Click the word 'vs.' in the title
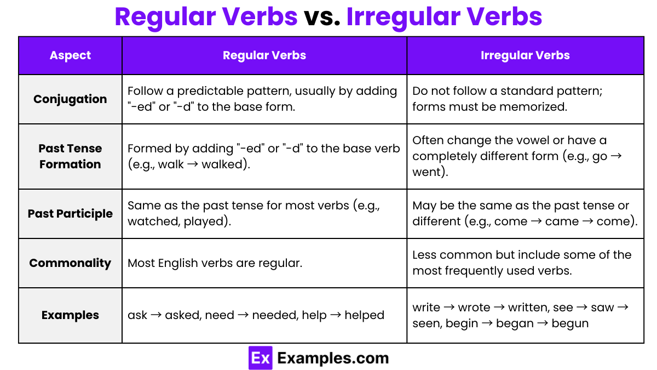[322, 17]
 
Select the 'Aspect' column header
[70, 55]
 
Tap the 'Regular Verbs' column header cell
[264, 55]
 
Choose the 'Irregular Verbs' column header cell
[525, 55]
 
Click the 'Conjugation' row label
[70, 99]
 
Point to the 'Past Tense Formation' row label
[70, 156]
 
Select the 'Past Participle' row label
[70, 214]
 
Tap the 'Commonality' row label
[70, 263]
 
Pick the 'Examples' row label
[70, 315]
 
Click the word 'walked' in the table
[222, 164]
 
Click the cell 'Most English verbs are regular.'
[215, 263]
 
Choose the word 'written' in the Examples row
[529, 308]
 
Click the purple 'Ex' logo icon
[260, 358]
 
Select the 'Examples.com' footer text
[333, 358]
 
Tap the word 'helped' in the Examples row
[364, 315]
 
